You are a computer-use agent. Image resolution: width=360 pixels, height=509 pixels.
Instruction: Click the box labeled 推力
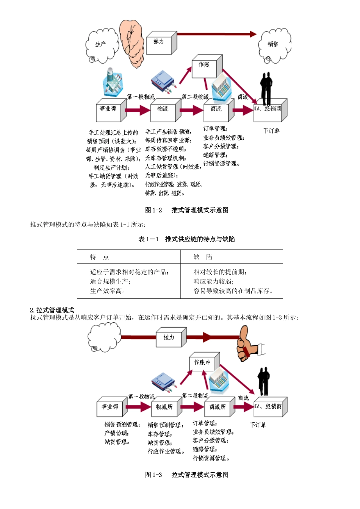161,43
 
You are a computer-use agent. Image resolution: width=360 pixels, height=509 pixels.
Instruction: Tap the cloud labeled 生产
101,45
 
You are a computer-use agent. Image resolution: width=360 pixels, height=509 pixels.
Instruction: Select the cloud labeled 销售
274,45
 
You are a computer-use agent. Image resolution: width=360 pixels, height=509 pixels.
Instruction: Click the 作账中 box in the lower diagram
204,363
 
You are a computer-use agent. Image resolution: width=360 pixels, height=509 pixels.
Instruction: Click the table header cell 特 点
100,257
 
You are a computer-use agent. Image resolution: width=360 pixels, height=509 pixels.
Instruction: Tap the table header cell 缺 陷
203,257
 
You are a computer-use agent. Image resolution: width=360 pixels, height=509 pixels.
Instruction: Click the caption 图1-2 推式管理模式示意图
187,210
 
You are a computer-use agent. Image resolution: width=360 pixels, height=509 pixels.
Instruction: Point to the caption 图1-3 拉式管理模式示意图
187,475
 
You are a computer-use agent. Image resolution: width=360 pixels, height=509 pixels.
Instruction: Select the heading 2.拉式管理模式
52,310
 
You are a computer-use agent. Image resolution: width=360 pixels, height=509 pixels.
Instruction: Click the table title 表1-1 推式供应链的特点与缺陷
187,239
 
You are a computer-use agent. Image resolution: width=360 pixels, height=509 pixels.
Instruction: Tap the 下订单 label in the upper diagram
271,131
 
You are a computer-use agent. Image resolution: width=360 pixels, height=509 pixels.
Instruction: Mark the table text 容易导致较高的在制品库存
233,291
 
